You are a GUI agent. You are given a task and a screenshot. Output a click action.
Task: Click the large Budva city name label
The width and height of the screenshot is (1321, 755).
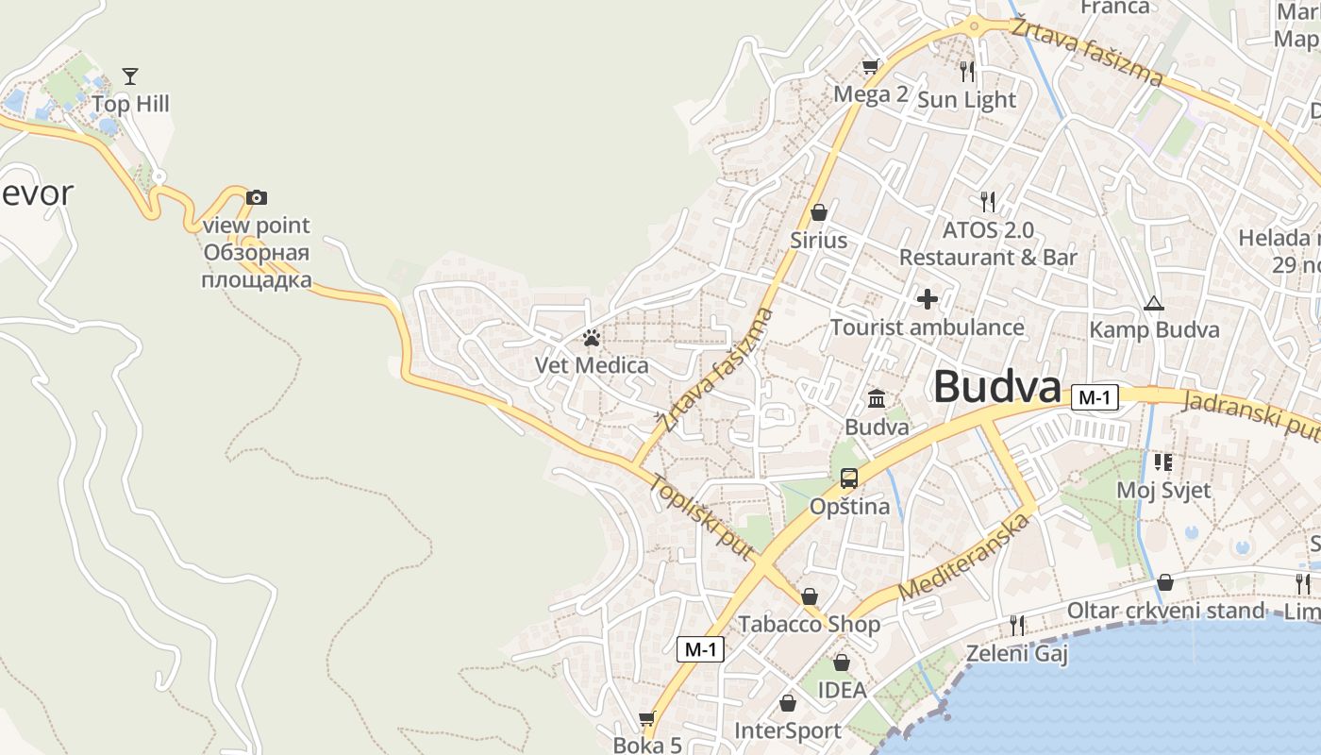(997, 387)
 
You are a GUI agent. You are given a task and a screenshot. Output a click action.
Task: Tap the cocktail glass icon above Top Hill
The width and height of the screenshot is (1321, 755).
(130, 76)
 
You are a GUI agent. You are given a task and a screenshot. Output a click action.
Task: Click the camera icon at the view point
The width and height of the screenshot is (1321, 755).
(256, 197)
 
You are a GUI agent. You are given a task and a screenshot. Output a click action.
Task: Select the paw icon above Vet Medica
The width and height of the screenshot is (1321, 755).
(592, 337)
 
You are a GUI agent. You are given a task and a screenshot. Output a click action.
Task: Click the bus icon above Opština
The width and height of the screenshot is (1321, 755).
(849, 478)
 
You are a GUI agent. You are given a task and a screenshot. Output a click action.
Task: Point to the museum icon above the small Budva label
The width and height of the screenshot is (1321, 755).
(877, 398)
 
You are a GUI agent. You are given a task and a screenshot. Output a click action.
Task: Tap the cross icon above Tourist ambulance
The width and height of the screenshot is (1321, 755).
(927, 299)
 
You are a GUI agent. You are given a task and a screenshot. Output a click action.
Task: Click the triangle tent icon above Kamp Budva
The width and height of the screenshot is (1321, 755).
(1153, 303)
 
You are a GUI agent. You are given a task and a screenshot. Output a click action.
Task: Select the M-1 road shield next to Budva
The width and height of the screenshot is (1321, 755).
(1095, 397)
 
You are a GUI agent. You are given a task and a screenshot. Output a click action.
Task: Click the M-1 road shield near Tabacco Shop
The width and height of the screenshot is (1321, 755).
(700, 648)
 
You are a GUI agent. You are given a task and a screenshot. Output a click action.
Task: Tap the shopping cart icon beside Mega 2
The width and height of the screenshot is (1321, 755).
(871, 66)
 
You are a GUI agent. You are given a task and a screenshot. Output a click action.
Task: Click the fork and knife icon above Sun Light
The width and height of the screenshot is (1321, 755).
(966, 71)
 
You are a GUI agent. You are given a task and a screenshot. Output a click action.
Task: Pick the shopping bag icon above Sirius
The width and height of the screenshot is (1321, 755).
(818, 212)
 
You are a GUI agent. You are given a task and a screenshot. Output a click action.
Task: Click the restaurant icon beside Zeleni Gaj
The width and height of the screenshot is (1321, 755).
(1017, 625)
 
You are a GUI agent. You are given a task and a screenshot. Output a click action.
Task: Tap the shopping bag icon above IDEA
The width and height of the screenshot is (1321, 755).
(841, 663)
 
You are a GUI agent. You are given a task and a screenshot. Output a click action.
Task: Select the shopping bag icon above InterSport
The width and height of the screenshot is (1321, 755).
(788, 703)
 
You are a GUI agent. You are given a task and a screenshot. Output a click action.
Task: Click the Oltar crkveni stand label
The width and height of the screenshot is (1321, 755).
(1164, 611)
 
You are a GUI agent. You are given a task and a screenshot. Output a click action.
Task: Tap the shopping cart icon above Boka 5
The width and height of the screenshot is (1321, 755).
(647, 719)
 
